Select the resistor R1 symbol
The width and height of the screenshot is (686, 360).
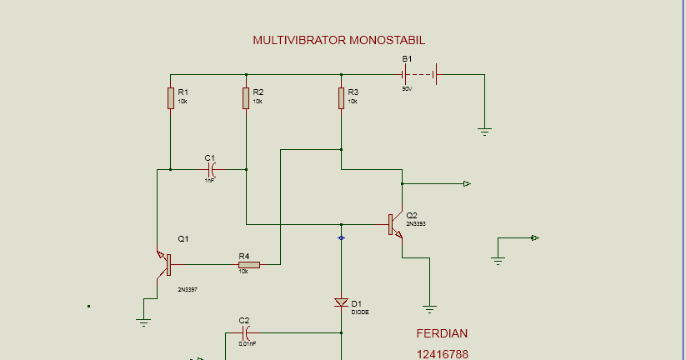[x=170, y=98]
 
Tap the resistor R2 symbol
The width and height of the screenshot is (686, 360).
[x=246, y=98]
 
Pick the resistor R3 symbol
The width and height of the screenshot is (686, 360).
[x=341, y=98]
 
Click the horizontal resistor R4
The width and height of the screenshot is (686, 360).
[x=248, y=265]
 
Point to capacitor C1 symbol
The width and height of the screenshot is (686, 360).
[x=212, y=169]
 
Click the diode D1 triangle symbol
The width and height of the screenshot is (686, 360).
[x=341, y=302]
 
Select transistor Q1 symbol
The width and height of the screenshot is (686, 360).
[x=164, y=265]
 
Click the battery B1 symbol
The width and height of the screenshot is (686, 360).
[x=420, y=75]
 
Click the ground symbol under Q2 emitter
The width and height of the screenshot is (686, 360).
[x=429, y=308]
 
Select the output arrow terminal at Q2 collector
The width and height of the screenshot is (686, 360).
[x=468, y=183]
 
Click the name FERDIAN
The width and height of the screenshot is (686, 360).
[x=442, y=333]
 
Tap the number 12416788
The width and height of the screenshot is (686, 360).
[x=442, y=353]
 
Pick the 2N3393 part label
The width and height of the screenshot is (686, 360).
[x=417, y=224]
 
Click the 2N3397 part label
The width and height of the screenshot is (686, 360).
[x=188, y=289]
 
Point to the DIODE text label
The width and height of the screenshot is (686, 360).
[x=360, y=312]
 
